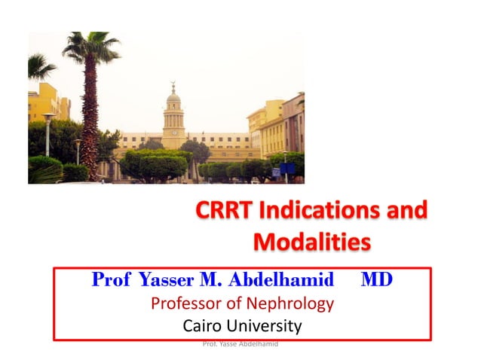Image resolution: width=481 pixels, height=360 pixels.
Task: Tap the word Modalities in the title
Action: (x=311, y=243)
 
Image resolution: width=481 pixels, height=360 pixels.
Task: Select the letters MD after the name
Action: (x=376, y=281)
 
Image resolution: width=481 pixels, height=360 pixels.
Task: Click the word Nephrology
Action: (x=293, y=304)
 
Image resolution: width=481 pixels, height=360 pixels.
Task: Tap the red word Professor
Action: (x=193, y=304)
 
